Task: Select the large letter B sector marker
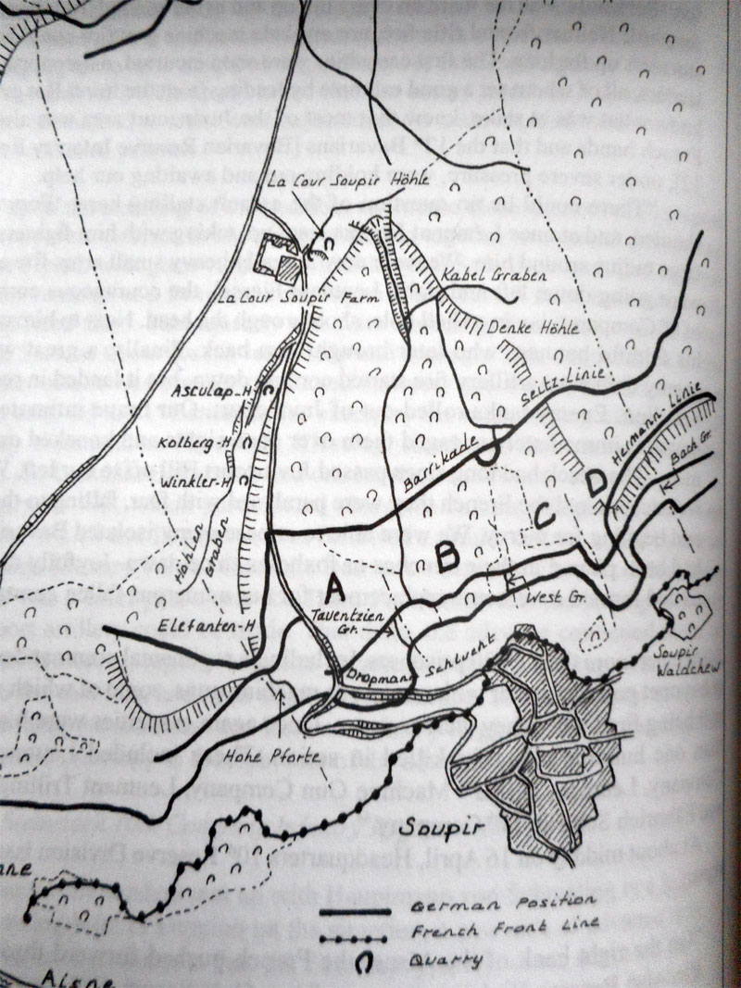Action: (448, 556)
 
